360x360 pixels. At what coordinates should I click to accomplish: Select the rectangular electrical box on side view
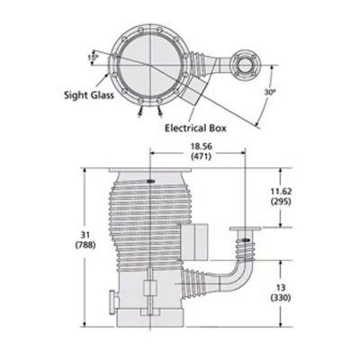coord(198,239)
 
